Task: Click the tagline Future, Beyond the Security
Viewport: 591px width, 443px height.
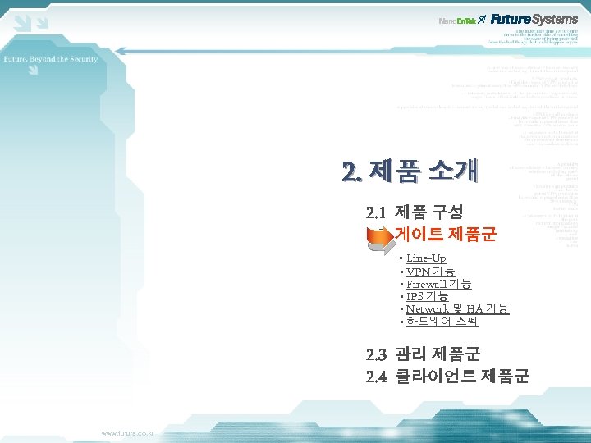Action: click(51, 59)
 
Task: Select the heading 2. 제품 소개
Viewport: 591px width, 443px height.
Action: click(411, 171)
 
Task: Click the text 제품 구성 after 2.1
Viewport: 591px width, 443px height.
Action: click(428, 212)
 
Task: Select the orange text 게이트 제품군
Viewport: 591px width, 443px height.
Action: click(445, 235)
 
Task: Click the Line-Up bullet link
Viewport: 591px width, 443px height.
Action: click(426, 258)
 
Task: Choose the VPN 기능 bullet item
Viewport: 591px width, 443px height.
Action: click(430, 272)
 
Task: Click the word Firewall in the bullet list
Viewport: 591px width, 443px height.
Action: click(426, 284)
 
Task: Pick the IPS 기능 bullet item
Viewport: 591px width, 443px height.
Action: click(427, 296)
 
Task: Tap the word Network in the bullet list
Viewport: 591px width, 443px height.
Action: click(427, 308)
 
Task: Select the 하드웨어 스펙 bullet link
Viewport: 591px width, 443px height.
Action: click(442, 321)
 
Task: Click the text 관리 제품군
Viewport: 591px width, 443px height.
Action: click(438, 354)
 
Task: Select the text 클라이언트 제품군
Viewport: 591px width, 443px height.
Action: click(462, 376)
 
